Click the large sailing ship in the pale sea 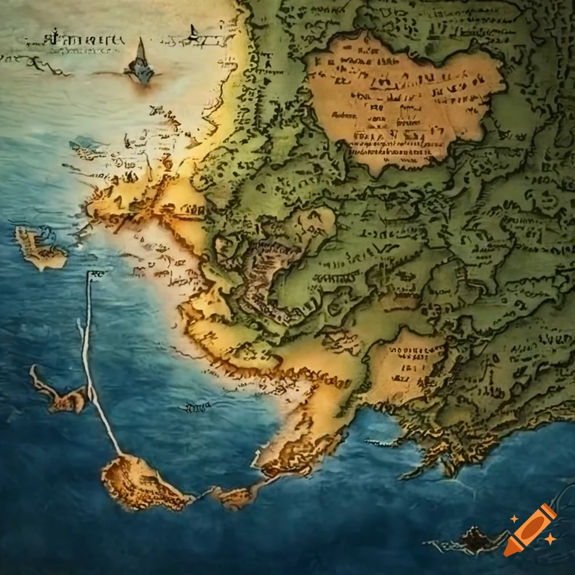[140, 65]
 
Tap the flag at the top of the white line [95, 275]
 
